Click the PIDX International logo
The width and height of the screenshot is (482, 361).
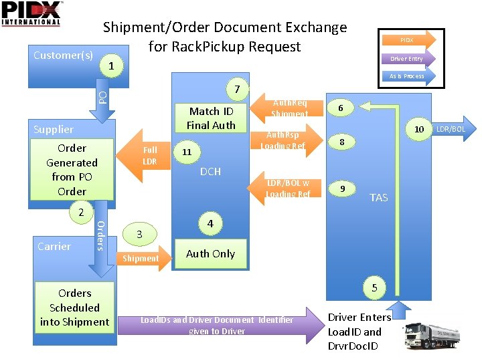[x=31, y=13]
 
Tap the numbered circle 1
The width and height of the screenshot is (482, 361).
[x=111, y=66]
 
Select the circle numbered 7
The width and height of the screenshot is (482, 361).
[x=237, y=89]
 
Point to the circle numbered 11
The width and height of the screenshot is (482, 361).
[x=187, y=152]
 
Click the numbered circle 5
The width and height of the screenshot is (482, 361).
[x=374, y=287]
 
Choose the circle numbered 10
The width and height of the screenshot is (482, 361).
[x=419, y=129]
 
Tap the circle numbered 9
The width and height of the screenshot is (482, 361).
[x=342, y=189]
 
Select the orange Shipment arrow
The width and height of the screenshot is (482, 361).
[x=141, y=258]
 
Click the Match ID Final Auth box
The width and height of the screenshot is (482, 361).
[x=211, y=118]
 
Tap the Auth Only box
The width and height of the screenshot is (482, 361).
[x=210, y=253]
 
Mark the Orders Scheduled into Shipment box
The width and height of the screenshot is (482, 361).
[x=74, y=308]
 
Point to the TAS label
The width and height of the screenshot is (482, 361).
[x=379, y=197]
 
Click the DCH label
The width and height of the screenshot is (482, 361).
[x=210, y=172]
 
